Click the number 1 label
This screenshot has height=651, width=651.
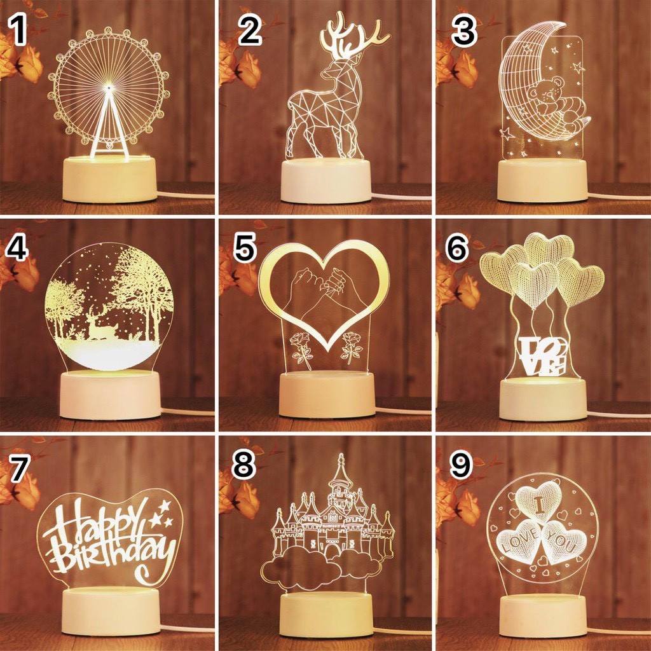18,30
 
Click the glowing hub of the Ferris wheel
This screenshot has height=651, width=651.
109,87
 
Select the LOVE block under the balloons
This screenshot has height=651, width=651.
542,356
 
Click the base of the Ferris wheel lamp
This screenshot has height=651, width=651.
109,179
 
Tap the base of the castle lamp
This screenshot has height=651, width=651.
326,615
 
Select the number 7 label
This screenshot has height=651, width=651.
20,468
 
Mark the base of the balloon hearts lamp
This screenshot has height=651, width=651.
543,399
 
